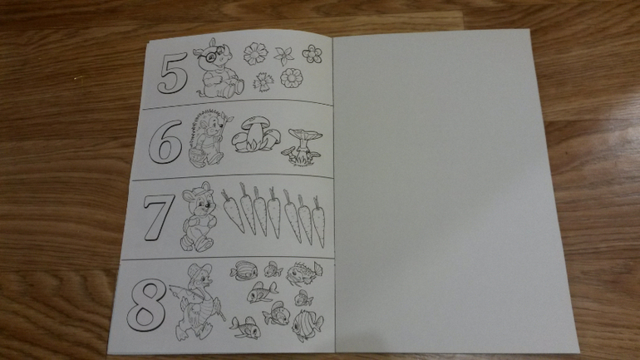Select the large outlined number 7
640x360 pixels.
pyautogui.click(x=159, y=216)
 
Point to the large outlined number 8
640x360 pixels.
pyautogui.click(x=147, y=305)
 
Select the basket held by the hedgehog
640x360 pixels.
pyautogui.click(x=198, y=156)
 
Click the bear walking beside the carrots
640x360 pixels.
pyautogui.click(x=199, y=216)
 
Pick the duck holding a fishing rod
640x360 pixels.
pyautogui.click(x=198, y=302)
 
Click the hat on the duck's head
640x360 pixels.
pyautogui.click(x=199, y=269)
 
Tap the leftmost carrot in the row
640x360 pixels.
pyautogui.click(x=232, y=210)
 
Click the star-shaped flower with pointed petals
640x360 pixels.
pyautogui.click(x=283, y=56)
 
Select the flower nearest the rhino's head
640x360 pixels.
pyautogui.click(x=255, y=53)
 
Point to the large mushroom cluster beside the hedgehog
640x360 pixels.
pyautogui.click(x=255, y=135)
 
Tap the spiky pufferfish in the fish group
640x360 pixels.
pyautogui.click(x=303, y=273)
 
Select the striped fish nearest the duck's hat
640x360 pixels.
pyautogui.click(x=244, y=270)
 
